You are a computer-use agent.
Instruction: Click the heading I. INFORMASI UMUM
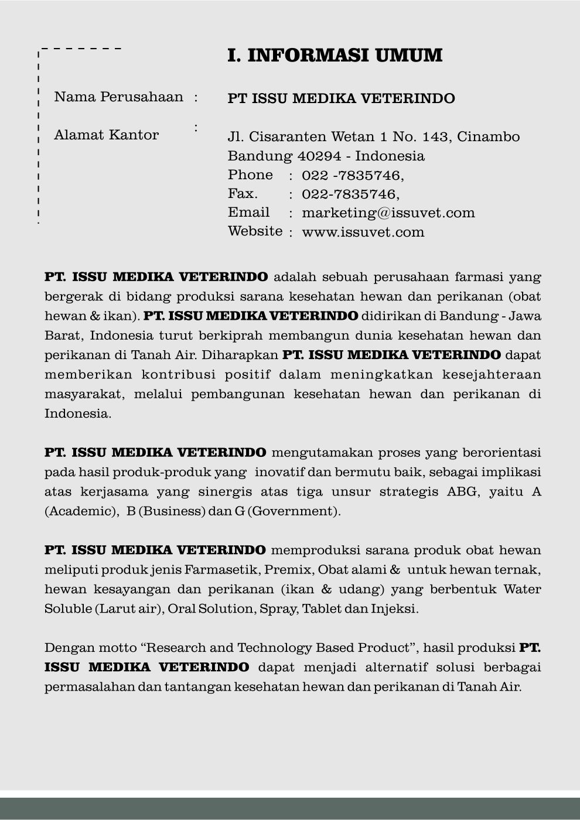click(x=335, y=56)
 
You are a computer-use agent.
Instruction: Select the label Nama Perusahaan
click(x=118, y=97)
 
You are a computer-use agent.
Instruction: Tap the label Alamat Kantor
click(x=107, y=135)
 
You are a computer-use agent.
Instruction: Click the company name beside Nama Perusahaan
click(x=341, y=98)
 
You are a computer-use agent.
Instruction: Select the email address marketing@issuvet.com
click(x=388, y=213)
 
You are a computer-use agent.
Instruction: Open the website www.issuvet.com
click(x=363, y=232)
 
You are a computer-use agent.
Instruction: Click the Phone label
click(x=250, y=175)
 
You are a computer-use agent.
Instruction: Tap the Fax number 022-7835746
click(x=349, y=194)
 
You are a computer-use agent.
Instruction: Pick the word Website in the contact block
click(x=255, y=231)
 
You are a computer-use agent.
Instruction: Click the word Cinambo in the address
click(x=488, y=136)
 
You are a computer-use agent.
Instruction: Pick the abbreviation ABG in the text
click(x=463, y=491)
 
